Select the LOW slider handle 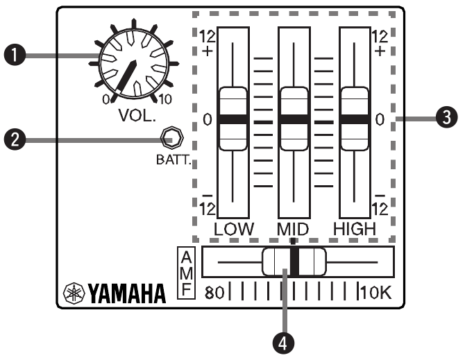233,119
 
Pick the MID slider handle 294,119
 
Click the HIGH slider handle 353,119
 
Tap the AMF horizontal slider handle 294,263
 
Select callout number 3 444,119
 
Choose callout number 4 283,341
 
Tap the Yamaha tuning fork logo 74,294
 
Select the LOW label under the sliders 235,228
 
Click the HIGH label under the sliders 355,228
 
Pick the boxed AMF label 184,272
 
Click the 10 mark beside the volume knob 165,100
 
